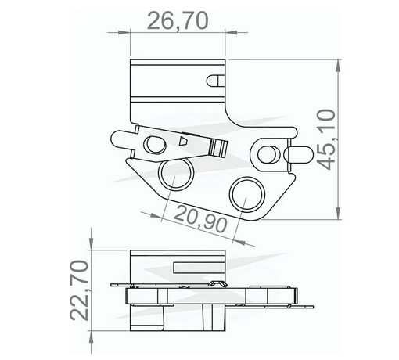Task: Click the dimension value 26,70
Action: pos(178,20)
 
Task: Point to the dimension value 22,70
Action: pos(79,291)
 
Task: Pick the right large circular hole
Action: pos(247,193)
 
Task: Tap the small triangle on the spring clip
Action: pos(183,142)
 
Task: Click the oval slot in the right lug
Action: pos(267,150)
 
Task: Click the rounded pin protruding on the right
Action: pos(299,155)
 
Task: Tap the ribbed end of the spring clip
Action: pos(218,146)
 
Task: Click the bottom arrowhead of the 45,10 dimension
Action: pos(336,218)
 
